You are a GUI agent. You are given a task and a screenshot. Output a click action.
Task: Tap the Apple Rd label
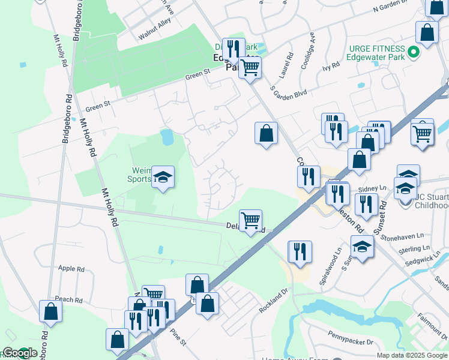[x=71, y=269]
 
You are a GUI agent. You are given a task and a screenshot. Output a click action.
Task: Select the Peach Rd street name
[x=68, y=299]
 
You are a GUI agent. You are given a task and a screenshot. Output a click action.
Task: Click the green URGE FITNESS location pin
[x=413, y=53]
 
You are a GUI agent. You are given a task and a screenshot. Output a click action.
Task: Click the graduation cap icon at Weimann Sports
[x=163, y=176]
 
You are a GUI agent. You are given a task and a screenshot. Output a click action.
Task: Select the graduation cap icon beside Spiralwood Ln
[x=362, y=246]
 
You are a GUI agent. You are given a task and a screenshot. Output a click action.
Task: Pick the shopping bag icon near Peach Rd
[x=50, y=311]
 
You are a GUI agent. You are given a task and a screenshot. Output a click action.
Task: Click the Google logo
[x=19, y=353]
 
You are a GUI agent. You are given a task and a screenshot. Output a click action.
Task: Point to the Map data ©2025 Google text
[x=412, y=355]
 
